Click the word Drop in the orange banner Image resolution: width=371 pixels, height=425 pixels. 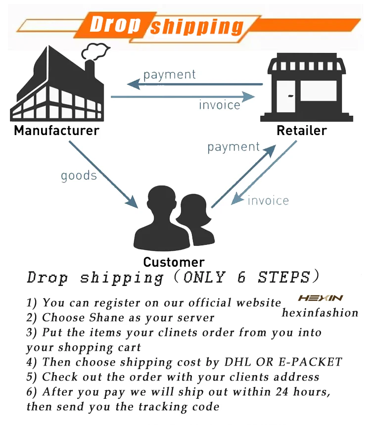(115, 24)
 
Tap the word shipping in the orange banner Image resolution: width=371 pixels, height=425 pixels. (197, 27)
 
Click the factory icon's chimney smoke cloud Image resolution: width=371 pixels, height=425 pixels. (95, 51)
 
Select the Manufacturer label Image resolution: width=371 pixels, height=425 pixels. (56, 131)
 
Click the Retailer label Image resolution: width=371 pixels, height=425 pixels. (302, 131)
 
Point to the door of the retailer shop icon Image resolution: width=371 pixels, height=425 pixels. (286, 96)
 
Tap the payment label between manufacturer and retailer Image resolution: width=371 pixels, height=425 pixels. (169, 75)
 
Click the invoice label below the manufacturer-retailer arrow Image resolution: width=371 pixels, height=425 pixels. (220, 105)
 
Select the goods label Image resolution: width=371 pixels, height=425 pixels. (79, 176)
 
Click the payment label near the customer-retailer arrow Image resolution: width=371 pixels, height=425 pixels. (233, 147)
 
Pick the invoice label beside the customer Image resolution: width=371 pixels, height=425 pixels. (268, 200)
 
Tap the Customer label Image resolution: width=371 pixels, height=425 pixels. (174, 262)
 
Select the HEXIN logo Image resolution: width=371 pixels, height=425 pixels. (321, 298)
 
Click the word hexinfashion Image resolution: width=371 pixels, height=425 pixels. (320, 313)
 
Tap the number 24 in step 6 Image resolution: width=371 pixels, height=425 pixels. (282, 392)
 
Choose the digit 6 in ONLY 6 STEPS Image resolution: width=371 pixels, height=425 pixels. (241, 277)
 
